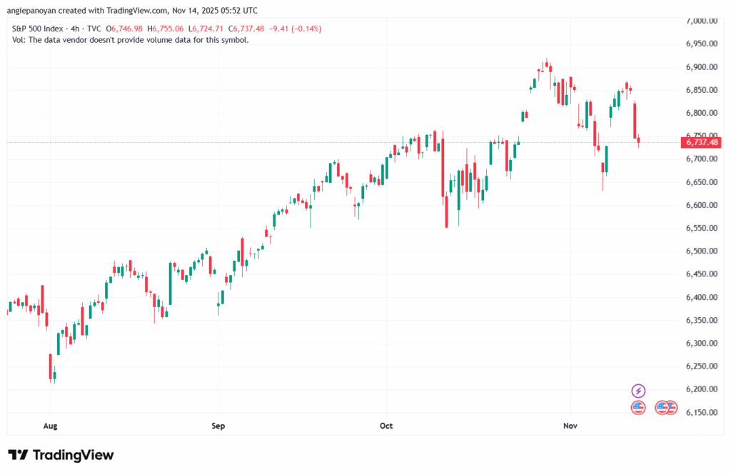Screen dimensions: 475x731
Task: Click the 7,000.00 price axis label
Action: [x=702, y=21]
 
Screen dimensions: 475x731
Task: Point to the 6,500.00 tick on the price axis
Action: [x=702, y=251]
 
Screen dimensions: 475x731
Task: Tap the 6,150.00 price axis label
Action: [x=702, y=412]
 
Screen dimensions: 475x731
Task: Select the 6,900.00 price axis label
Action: [x=702, y=67]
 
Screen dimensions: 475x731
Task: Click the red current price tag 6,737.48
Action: [x=702, y=142]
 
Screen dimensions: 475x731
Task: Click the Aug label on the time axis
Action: [x=49, y=426]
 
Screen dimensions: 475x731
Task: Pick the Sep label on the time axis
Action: [x=218, y=426]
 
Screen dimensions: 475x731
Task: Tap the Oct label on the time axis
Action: [x=386, y=426]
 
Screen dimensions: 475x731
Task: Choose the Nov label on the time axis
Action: [x=570, y=426]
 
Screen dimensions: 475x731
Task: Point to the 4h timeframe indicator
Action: [x=75, y=29]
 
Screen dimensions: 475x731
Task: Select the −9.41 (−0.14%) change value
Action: [x=294, y=29]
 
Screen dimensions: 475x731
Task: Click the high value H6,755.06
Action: [x=166, y=29]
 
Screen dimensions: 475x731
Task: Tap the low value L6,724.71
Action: [x=205, y=29]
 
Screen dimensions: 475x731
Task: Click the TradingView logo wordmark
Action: [x=61, y=455]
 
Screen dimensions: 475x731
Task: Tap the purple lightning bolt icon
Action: [x=639, y=391]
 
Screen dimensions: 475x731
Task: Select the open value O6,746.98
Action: [x=126, y=29]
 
